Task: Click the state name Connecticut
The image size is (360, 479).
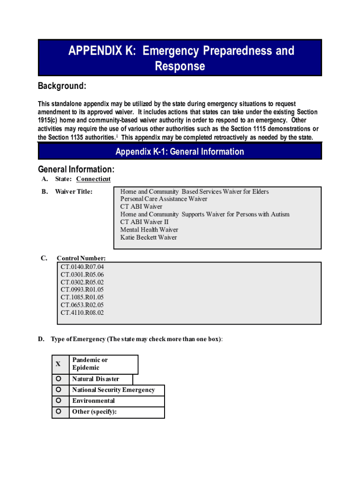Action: [94, 179]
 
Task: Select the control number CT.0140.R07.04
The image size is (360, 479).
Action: [82, 267]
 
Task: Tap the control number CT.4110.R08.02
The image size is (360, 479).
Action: [82, 312]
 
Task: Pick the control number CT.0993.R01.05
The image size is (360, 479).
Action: [82, 290]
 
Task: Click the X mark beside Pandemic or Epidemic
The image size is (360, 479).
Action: [58, 364]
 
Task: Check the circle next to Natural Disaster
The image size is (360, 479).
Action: [59, 378]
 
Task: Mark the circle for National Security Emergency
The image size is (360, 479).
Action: [59, 390]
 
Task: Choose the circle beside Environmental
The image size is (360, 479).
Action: [59, 400]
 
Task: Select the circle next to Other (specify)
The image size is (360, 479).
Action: [59, 412]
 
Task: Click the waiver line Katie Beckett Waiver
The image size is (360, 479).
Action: [149, 237]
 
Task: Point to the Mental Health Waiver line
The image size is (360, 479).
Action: [149, 230]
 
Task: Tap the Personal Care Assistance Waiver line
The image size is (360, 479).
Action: [164, 199]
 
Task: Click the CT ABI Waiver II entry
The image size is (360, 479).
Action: [144, 222]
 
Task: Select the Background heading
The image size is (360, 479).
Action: [62, 86]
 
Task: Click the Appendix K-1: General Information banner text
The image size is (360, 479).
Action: [180, 152]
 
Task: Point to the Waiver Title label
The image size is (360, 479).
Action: [73, 191]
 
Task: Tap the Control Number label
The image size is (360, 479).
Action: [81, 258]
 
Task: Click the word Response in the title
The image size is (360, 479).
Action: [180, 66]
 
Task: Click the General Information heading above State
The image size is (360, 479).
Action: [76, 169]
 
